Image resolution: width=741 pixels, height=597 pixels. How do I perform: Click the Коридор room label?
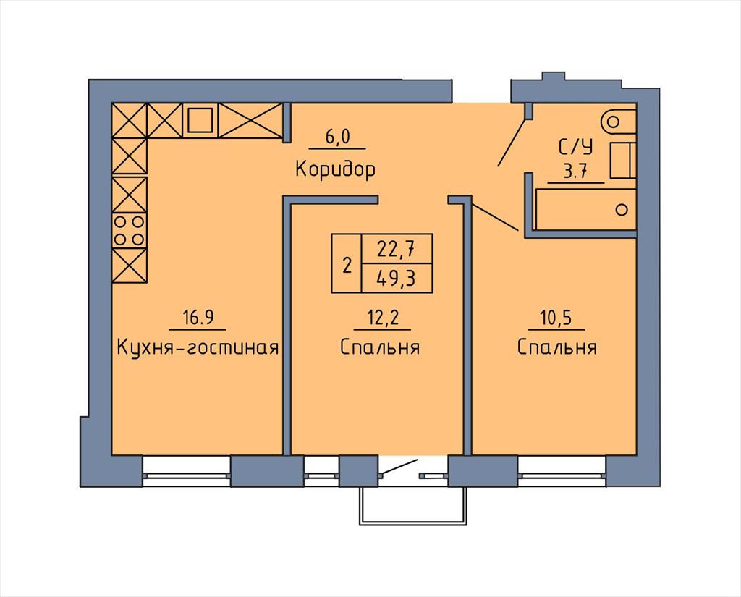point(335,169)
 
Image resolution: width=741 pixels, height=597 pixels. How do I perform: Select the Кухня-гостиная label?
point(197,348)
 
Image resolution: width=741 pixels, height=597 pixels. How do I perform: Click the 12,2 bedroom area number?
point(383,318)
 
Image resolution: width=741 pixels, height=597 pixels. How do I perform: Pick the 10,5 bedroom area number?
point(556,318)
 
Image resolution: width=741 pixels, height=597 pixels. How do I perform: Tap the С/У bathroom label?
point(575,148)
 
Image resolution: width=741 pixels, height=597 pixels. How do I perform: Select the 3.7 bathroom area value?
point(575,172)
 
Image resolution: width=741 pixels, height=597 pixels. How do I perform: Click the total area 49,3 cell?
point(397,279)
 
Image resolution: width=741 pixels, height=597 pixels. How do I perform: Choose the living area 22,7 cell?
point(397,249)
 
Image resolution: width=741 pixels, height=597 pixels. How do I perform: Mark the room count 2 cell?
point(347,263)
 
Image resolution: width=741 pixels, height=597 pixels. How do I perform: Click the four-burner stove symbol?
point(130,230)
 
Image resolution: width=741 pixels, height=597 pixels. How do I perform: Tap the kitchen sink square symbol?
point(200,120)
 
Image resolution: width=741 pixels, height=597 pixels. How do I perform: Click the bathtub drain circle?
point(622,209)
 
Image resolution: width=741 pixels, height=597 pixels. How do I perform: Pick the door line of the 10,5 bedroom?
point(495,216)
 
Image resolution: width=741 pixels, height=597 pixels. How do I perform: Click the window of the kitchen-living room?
point(186,471)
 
